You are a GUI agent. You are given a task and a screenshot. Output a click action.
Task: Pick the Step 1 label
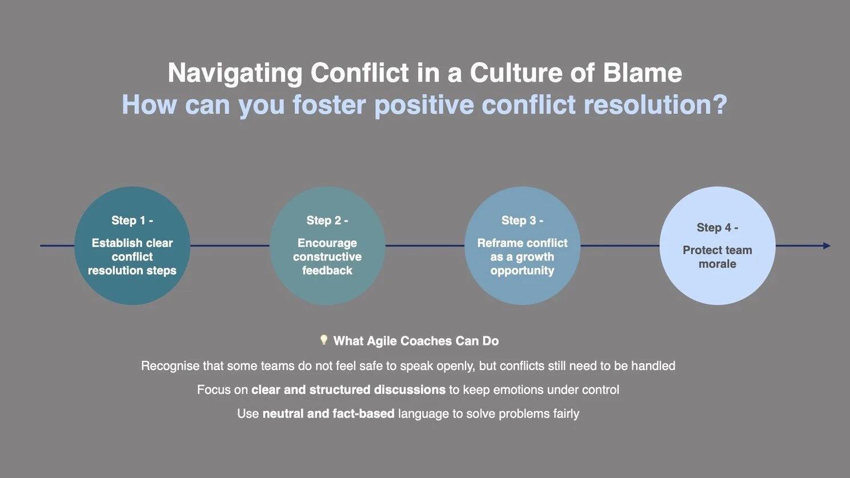pos(132,220)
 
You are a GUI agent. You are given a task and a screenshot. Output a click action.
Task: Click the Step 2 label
pos(327,220)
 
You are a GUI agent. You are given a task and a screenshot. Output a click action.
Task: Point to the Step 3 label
pos(522,220)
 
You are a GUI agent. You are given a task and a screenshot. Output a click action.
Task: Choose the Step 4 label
pos(717,228)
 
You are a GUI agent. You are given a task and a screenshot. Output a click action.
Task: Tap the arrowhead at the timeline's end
pos(827,246)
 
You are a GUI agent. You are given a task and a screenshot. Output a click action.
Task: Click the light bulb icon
pos(323,340)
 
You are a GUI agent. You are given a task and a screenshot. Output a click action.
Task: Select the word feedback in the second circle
pos(327,271)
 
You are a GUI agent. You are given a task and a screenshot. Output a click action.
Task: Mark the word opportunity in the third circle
pos(522,271)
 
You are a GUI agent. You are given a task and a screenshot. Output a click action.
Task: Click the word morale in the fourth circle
pos(717,264)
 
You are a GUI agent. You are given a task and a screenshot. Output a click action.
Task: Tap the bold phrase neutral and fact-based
pos(328,413)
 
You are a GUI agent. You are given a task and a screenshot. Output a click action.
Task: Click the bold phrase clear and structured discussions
pos(348,389)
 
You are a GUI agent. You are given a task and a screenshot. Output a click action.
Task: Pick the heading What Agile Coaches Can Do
pos(416,341)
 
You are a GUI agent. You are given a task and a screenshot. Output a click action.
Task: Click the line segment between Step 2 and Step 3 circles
pos(424,246)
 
